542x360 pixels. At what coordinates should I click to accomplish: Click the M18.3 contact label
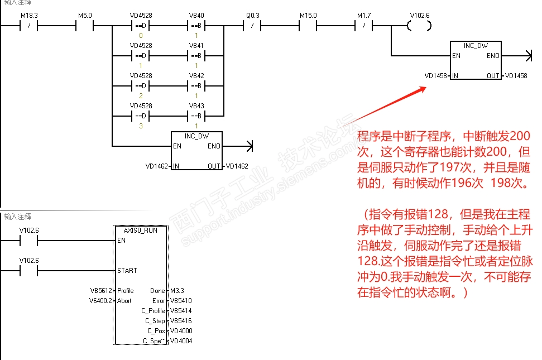pyautogui.click(x=29, y=16)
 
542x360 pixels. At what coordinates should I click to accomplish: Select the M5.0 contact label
pyautogui.click(x=85, y=16)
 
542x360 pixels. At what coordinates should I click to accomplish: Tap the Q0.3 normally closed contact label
pyautogui.click(x=253, y=16)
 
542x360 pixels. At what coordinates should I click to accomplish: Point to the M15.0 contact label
pyautogui.click(x=308, y=16)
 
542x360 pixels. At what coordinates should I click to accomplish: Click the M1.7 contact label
pyautogui.click(x=364, y=16)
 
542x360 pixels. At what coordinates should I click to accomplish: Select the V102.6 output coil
pyautogui.click(x=419, y=26)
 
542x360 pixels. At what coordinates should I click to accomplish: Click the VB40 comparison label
pyautogui.click(x=196, y=16)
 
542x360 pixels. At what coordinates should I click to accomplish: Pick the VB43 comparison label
pyautogui.click(x=196, y=105)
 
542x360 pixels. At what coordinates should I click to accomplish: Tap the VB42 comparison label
pyautogui.click(x=196, y=76)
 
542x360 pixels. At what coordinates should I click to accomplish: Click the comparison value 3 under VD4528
pyautogui.click(x=141, y=126)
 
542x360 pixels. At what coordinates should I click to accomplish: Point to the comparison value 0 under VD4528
pyautogui.click(x=141, y=36)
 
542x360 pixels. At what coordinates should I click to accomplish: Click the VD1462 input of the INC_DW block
pyautogui.click(x=157, y=166)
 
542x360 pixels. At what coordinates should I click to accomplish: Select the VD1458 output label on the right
pyautogui.click(x=516, y=76)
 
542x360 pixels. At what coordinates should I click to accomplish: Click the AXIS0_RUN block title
pyautogui.click(x=140, y=231)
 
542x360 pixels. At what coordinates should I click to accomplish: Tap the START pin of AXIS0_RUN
pyautogui.click(x=127, y=271)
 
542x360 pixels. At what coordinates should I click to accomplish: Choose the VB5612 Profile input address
pyautogui.click(x=101, y=291)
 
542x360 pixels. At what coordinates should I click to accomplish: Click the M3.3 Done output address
pyautogui.click(x=177, y=291)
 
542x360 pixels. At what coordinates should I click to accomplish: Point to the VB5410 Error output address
pyautogui.click(x=181, y=301)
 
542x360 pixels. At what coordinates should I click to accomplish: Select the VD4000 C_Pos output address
pyautogui.click(x=181, y=330)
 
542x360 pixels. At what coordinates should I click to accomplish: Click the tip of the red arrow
pyautogui.click(x=426, y=88)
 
